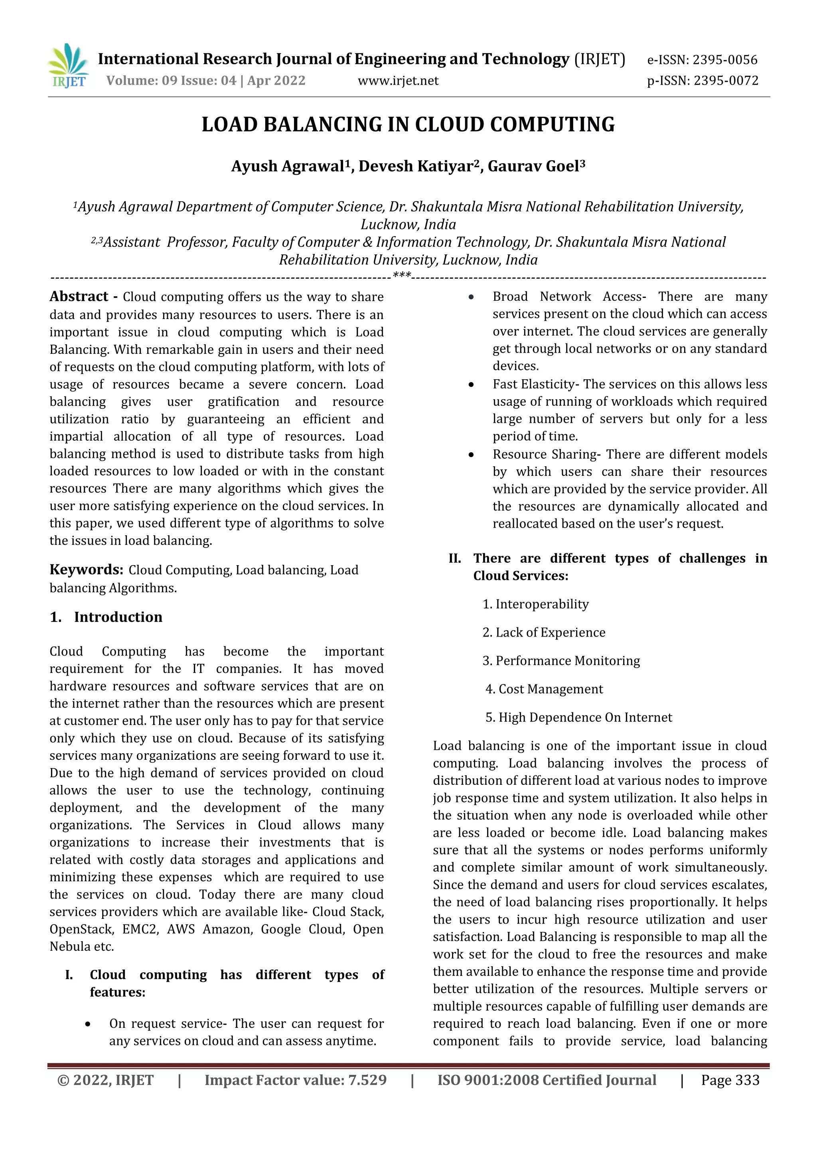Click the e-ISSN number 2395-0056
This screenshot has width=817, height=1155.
point(724,60)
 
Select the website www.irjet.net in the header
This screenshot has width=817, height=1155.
point(398,81)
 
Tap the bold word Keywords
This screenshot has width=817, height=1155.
point(86,570)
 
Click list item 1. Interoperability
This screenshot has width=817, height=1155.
point(535,604)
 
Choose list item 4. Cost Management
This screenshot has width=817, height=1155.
point(544,689)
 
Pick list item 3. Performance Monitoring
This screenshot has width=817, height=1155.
point(561,660)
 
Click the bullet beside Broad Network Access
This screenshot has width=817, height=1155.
point(471,297)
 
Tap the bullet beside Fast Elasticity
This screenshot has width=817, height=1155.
point(471,385)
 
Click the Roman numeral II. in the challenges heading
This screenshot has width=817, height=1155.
point(455,558)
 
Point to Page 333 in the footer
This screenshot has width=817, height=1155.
point(730,1080)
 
